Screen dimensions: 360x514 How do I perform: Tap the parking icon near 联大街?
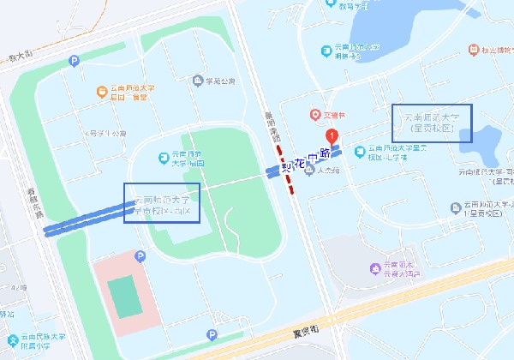click(74, 60)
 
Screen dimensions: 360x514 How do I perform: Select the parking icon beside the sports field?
click(141, 256)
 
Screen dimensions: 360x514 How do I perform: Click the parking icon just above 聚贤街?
click(211, 335)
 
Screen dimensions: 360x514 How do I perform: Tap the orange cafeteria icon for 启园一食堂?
click(103, 90)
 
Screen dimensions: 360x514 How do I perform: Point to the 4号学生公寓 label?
click(107, 134)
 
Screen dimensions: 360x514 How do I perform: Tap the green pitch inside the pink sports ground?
click(128, 296)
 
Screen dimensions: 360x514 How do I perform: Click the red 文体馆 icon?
click(314, 115)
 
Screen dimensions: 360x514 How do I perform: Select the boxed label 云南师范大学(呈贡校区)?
click(432, 123)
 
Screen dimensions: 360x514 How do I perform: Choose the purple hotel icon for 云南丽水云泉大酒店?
click(374, 269)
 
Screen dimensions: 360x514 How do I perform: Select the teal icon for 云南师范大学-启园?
click(164, 158)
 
